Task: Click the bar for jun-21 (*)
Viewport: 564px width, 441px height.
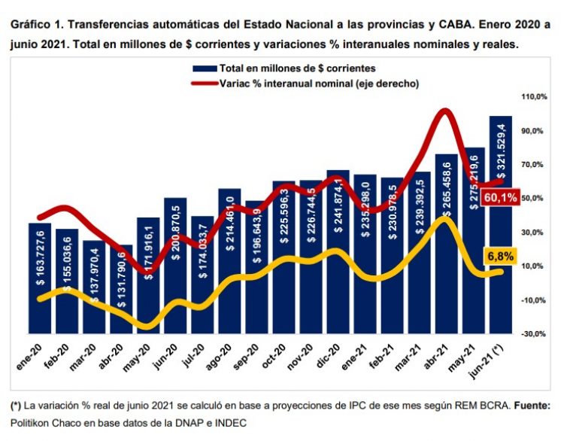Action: tap(501, 226)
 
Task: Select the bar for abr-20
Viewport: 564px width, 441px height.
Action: tap(121, 290)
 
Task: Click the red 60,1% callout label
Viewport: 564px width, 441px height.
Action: tap(500, 198)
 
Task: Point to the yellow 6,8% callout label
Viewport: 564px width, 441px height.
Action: tap(500, 256)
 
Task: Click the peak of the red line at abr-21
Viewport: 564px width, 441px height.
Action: tap(445, 112)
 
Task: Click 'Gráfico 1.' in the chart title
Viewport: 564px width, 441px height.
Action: tap(35, 24)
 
